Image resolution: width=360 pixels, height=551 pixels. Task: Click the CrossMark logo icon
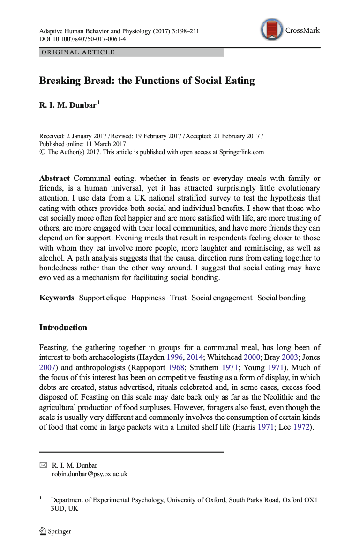[x=273, y=30]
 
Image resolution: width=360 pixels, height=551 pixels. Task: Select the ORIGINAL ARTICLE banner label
[x=78, y=52]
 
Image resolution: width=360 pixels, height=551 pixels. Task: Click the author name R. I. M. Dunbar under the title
[x=67, y=106]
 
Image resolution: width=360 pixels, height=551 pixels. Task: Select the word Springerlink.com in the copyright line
[x=239, y=152]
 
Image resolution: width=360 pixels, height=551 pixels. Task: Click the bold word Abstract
[x=54, y=179]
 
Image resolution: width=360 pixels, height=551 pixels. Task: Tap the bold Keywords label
[x=56, y=298]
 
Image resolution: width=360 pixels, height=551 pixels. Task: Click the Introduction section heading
[x=63, y=328]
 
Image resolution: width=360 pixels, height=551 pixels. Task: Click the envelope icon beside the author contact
[x=44, y=465]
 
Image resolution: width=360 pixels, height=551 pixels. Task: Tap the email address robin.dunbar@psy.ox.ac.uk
[x=90, y=474]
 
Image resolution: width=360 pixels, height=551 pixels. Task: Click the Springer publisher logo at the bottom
[x=55, y=531]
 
